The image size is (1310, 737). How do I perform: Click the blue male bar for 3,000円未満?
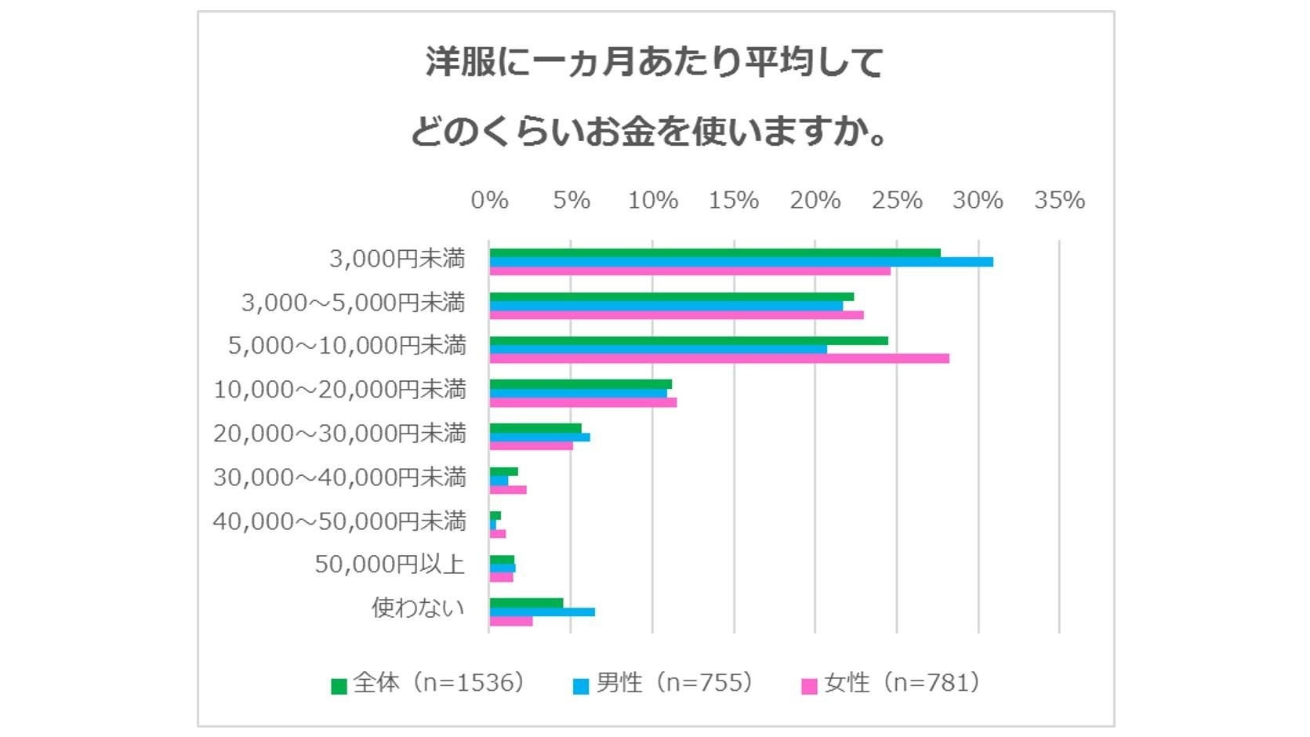[741, 262]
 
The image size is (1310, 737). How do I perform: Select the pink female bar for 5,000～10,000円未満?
[719, 358]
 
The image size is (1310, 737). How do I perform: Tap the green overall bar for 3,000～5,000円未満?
[671, 297]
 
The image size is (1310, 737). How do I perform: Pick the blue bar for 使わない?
[542, 612]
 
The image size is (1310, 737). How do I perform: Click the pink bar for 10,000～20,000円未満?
[583, 402]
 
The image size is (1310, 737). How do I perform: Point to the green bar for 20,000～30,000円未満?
[535, 428]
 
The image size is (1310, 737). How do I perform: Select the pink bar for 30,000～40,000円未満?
[508, 490]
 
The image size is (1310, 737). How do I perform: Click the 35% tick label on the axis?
[1059, 201]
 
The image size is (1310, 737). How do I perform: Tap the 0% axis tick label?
[489, 201]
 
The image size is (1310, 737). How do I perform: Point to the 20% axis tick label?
[815, 201]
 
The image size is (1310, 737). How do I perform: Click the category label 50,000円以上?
[390, 565]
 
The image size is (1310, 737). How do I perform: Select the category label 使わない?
[418, 608]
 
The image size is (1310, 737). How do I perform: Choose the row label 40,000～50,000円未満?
[339, 521]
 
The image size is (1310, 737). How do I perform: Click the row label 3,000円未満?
[397, 259]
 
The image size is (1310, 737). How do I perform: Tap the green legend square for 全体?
[339, 686]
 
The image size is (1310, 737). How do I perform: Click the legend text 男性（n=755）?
[675, 683]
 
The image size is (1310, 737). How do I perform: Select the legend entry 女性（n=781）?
[902, 683]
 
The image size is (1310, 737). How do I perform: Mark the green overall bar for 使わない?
[526, 603]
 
